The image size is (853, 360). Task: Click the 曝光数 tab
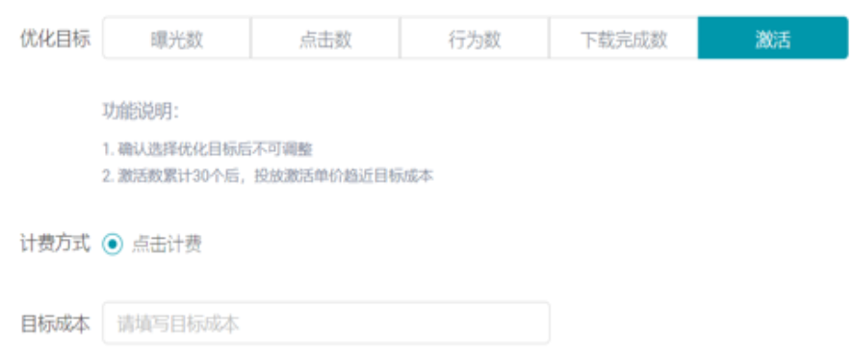click(176, 39)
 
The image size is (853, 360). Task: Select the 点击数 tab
click(325, 39)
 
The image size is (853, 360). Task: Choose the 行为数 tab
click(475, 39)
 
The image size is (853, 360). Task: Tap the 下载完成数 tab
click(624, 39)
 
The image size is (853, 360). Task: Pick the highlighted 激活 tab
click(772, 39)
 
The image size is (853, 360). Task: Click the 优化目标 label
click(55, 39)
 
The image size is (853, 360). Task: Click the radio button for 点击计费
click(113, 244)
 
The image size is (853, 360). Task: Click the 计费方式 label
click(55, 244)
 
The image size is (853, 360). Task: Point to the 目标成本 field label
click(55, 324)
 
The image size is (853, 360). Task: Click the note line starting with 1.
click(208, 150)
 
